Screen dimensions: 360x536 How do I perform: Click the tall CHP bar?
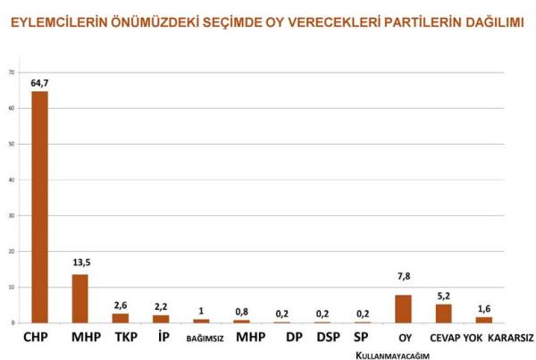[39, 206]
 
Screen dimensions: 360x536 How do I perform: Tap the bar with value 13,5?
[80, 298]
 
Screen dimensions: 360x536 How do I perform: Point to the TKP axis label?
[121, 338]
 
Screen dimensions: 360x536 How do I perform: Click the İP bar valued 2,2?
[161, 318]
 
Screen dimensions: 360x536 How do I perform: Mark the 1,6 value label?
[483, 308]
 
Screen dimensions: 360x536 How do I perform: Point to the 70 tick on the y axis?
[11, 71]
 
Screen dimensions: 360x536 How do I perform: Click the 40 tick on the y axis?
[11, 179]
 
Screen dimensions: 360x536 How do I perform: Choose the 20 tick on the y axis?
[11, 251]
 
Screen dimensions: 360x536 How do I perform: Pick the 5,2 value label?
[443, 296]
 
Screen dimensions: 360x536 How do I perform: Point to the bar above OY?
[403, 308]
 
